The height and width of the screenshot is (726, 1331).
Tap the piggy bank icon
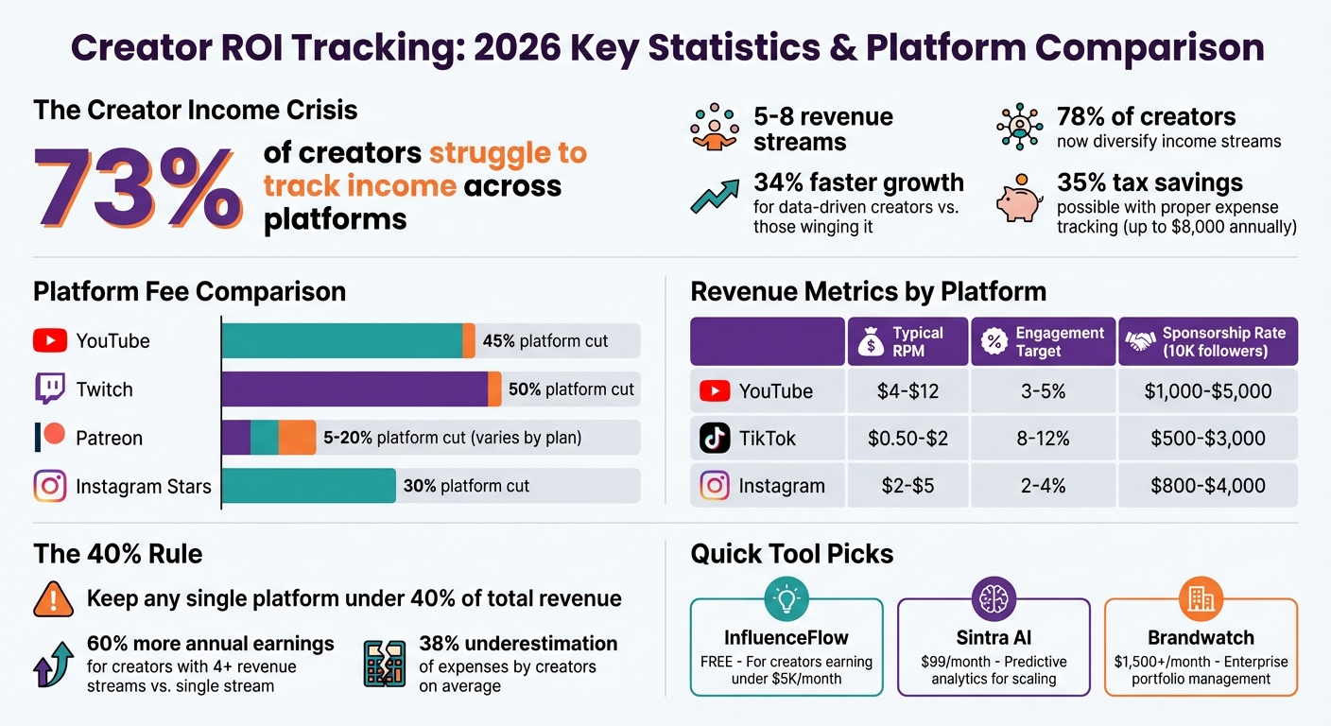pos(1019,199)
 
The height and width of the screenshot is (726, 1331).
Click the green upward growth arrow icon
pos(715,195)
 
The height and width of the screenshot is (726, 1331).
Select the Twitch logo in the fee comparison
pos(50,389)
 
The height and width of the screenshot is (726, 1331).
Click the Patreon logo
pos(50,437)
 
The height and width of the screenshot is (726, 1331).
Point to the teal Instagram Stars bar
pos(309,486)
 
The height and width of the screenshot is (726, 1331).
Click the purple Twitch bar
pos(354,389)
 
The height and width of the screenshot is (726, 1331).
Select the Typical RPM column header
pos(907,341)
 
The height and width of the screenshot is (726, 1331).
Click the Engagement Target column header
pos(1044,341)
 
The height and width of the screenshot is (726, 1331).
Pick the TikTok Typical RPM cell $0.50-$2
pos(907,438)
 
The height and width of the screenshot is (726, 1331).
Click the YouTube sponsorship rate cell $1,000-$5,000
pos(1208,390)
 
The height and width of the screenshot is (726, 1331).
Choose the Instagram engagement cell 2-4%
pos(1044,486)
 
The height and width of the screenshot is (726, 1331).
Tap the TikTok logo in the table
pos(715,438)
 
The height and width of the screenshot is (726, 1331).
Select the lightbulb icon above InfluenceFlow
pos(786,598)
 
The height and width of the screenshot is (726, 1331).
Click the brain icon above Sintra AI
pos(994,598)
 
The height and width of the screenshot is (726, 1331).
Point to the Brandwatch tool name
pos(1201,637)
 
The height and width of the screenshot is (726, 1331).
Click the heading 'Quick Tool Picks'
pos(792,553)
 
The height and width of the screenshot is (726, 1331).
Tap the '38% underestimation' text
pos(518,644)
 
